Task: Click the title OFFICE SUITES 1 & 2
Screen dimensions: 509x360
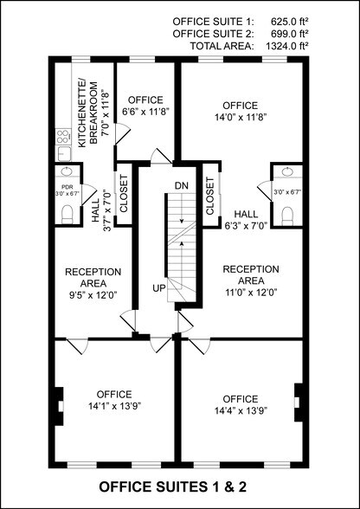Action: [179, 487]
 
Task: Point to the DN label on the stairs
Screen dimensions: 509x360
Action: [181, 186]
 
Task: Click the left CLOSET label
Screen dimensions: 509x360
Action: [123, 195]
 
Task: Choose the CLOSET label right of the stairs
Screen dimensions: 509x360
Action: [210, 197]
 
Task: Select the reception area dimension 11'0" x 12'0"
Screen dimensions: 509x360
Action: [250, 292]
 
